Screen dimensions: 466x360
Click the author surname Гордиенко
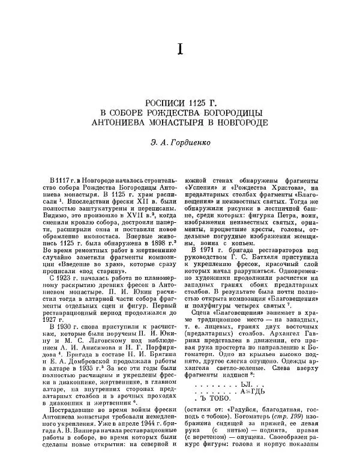point(190,142)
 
